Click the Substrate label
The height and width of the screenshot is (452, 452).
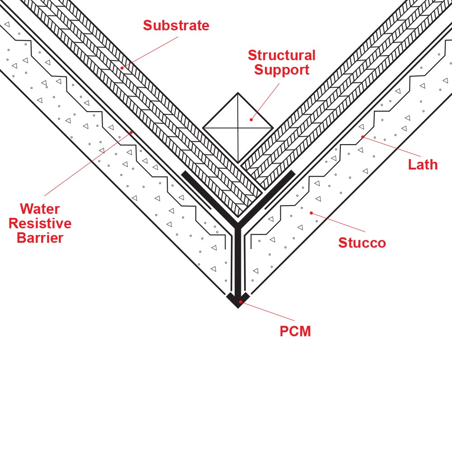pos(176,25)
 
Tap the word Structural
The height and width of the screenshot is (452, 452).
pos(282,55)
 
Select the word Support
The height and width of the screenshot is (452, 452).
pos(282,70)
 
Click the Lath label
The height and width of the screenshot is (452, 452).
pos(423,165)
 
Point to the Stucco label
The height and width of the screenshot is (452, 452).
pos(362,243)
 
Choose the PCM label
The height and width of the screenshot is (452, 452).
pos(295,331)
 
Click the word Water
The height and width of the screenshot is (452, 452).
pos(40,209)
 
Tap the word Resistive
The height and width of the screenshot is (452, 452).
pos(40,223)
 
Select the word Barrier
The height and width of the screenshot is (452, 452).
pos(40,238)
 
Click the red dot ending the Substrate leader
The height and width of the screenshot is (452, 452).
pos(122,68)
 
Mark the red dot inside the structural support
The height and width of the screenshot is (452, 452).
pos(251,120)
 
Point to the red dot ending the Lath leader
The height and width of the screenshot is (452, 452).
pos(363,137)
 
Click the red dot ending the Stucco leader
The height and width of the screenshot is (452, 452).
pos(311,213)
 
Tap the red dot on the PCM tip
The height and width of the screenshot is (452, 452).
pos(240,302)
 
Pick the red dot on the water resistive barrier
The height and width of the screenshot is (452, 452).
pos(131,132)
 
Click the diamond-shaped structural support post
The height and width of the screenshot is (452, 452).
pos(238,128)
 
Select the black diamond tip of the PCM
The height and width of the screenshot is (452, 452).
pos(238,300)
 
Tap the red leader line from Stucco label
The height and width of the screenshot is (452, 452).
pos(338,222)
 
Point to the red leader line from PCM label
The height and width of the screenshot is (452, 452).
pos(268,311)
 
